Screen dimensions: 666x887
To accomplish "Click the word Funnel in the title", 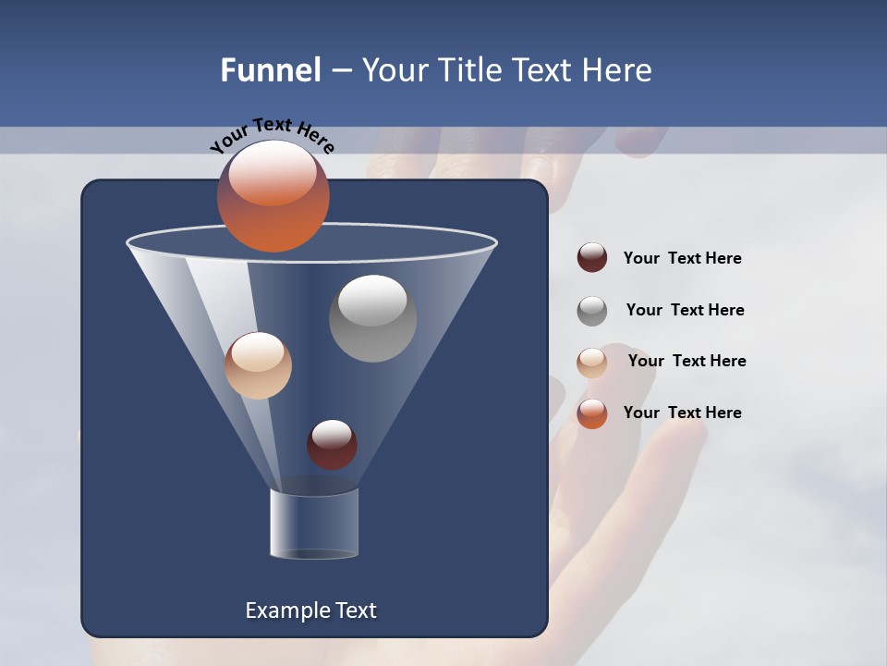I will (x=271, y=70).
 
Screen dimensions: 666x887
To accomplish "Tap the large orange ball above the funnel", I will (x=273, y=195).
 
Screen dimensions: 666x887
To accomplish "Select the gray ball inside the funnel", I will (x=372, y=318).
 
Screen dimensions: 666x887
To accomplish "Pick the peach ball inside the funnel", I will (x=258, y=365).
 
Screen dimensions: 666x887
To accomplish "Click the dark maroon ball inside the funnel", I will (x=332, y=444).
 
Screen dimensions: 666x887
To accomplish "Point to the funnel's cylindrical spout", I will (x=314, y=524).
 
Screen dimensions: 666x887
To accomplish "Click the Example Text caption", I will (x=310, y=610).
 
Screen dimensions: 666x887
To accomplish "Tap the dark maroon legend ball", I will (x=592, y=258).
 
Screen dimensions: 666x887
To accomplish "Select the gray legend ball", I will (x=592, y=310).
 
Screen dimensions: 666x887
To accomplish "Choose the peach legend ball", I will (x=592, y=362).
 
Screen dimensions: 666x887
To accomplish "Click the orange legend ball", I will (x=592, y=413).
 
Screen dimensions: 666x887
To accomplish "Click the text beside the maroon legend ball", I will (x=682, y=258).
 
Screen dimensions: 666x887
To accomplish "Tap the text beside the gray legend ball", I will (x=685, y=310).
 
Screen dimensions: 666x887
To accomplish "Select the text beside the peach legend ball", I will (x=687, y=361).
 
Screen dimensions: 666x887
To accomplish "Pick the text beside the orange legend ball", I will (x=682, y=413).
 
